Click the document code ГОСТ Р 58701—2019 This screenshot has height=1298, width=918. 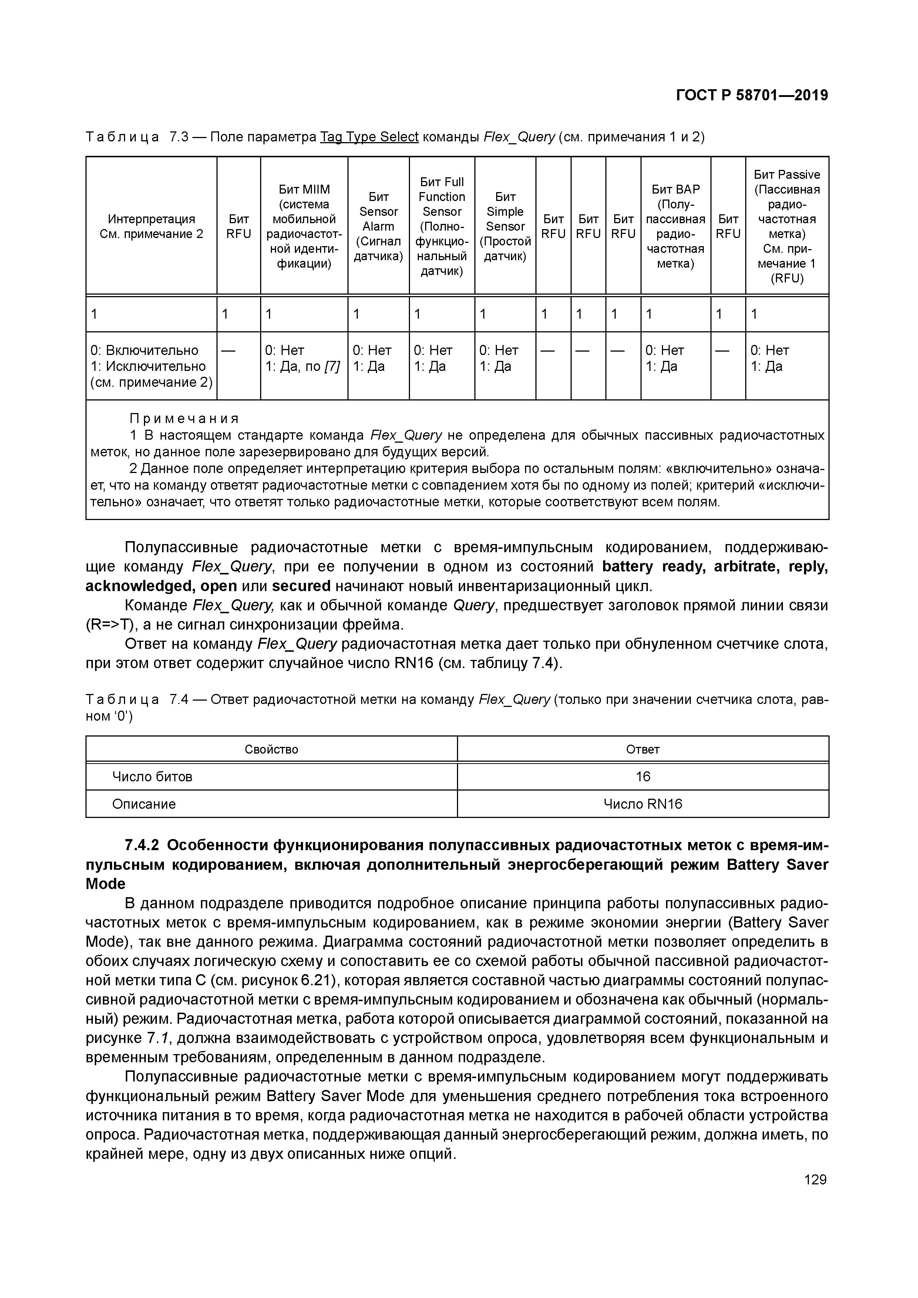coord(752,95)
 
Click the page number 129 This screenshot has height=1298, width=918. coord(814,1179)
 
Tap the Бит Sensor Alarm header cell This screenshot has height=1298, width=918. coord(378,226)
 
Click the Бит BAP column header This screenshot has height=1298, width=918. coord(676,226)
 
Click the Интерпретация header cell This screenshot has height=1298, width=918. coord(151,226)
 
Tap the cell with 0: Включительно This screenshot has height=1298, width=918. coord(145,351)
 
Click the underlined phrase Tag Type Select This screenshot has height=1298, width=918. coord(369,137)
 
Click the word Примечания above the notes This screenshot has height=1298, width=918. coord(184,418)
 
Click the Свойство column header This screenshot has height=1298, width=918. coord(271,749)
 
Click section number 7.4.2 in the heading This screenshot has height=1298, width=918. coord(142,845)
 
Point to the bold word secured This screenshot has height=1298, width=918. coord(301,586)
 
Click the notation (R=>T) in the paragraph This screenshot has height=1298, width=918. coord(107,625)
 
